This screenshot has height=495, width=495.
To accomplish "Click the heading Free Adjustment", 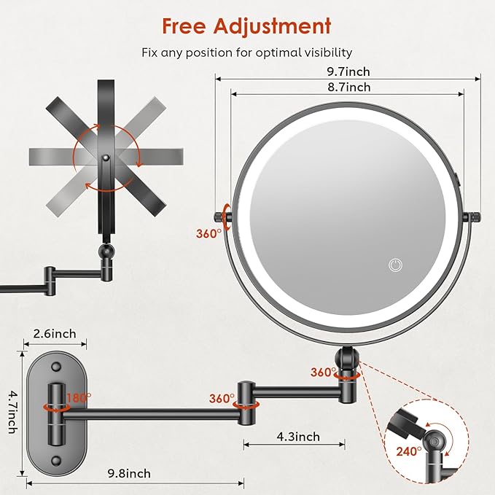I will click(246, 26).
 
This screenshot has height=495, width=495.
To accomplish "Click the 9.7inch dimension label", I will click(349, 71).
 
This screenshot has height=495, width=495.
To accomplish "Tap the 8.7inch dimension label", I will click(348, 87).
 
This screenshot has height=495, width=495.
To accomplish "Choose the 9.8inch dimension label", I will click(129, 473).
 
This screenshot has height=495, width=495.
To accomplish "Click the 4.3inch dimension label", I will click(297, 437).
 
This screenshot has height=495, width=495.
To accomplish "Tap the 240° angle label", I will click(409, 451).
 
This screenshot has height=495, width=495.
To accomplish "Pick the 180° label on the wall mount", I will click(79, 398).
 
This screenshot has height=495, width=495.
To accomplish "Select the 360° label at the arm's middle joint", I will click(221, 399).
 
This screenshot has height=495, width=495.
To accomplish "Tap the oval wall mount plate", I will click(54, 405).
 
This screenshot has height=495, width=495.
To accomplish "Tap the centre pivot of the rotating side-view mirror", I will click(106, 157).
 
